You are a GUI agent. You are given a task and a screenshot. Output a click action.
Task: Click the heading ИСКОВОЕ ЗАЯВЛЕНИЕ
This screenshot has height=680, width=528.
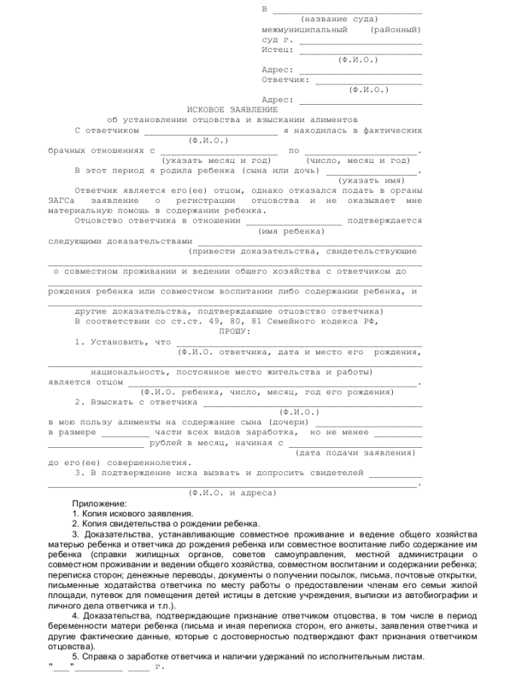click(227, 109)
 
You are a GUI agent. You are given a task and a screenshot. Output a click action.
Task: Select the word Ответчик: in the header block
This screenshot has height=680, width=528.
click(285, 79)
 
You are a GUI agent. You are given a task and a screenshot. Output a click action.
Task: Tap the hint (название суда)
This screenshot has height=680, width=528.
click(339, 19)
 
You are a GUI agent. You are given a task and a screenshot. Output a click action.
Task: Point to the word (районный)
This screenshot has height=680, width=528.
click(396, 29)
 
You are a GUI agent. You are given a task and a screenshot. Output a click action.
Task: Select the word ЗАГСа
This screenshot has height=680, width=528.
click(64, 201)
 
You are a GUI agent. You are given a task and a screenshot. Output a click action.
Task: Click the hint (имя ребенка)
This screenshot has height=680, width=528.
click(291, 231)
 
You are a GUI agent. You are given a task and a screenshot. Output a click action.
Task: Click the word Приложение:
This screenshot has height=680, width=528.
click(100, 503)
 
